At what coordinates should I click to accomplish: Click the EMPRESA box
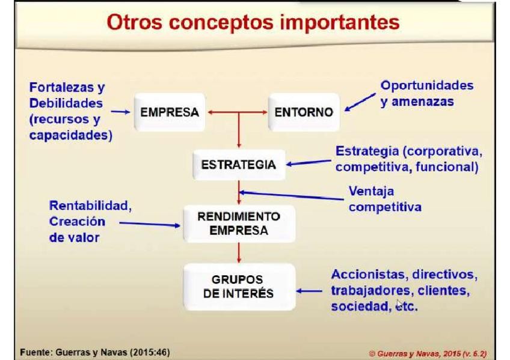[170, 112]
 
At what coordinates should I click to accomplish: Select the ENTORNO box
[304, 112]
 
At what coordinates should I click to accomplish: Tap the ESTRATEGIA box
[239, 165]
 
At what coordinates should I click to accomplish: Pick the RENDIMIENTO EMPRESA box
[239, 224]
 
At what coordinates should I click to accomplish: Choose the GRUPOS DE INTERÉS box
[239, 287]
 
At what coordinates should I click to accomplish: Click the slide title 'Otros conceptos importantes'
[253, 22]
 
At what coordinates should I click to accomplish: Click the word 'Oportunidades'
[427, 85]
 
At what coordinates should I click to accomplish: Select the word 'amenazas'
[423, 102]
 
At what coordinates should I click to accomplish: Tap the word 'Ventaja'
[371, 191]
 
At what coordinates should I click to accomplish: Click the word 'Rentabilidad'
[89, 206]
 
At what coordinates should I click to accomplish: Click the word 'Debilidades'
[66, 103]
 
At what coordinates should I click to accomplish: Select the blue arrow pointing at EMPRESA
[120, 112]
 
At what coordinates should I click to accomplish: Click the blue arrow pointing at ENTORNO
[360, 102]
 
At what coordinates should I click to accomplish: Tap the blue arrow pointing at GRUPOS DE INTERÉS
[309, 291]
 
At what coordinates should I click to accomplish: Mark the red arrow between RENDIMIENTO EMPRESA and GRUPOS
[239, 253]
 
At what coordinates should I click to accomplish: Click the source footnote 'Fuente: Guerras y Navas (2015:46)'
[95, 352]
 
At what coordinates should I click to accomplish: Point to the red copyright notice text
[428, 353]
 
